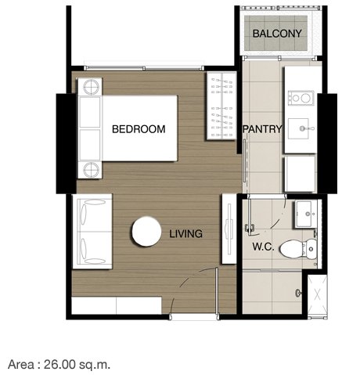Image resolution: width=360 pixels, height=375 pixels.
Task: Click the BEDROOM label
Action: pos(139,129)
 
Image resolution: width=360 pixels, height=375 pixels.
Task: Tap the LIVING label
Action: pos(185,233)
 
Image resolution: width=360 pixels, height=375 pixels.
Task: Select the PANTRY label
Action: pos(262,129)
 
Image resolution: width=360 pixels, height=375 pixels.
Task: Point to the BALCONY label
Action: pos(277,34)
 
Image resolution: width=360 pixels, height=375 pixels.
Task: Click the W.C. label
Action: pos(263,247)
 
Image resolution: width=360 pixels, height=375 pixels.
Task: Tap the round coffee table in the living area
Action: pos(146,232)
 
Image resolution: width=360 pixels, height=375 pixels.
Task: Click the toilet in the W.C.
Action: pos(298,249)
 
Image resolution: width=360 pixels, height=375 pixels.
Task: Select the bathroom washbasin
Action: pos(306,215)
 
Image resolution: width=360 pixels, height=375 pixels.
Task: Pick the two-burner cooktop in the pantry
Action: pos(301,98)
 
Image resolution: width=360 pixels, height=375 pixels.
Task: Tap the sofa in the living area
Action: pos(92,231)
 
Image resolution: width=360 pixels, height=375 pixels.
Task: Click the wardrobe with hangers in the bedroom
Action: pos(221,106)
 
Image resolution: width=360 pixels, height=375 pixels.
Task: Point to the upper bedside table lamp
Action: pos(91,86)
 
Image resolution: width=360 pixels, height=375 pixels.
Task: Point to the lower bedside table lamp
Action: pos(91,170)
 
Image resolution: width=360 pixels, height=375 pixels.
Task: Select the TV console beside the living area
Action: pos(229,229)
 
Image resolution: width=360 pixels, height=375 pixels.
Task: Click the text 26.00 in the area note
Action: pos(59,364)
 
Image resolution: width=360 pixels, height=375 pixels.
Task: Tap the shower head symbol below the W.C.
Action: pos(298,293)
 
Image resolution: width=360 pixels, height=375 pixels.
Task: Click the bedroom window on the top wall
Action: pos(144,68)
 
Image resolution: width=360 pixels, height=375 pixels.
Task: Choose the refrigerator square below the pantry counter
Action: pos(300,174)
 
